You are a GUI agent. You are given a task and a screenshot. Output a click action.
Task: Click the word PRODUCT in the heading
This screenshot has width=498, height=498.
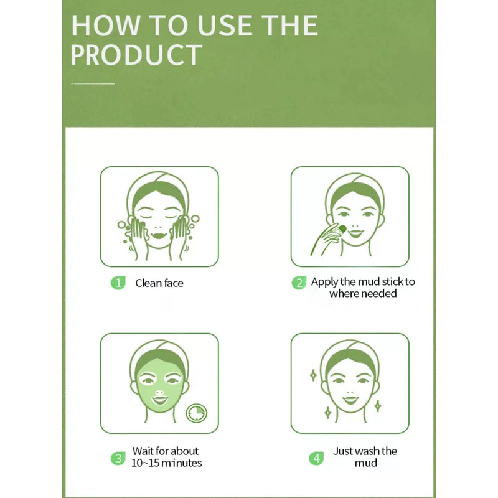136,55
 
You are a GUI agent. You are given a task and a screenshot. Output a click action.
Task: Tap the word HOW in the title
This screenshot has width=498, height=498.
105,26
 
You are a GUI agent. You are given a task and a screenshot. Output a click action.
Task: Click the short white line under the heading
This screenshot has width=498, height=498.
93,83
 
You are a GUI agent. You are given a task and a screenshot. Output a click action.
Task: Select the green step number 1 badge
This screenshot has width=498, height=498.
118,283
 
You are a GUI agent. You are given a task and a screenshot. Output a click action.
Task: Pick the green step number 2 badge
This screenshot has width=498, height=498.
299,283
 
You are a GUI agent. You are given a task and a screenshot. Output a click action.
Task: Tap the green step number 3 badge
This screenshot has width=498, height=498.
118,458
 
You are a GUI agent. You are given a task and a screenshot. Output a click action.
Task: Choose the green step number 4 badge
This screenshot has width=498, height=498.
316,458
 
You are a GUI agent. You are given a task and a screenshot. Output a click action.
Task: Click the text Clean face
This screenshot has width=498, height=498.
159,283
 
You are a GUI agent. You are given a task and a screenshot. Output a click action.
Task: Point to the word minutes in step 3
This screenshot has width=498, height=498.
181,463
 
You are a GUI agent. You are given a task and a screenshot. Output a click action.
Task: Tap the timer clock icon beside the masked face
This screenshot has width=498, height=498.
196,413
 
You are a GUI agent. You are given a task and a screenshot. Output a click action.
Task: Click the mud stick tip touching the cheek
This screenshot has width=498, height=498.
342,228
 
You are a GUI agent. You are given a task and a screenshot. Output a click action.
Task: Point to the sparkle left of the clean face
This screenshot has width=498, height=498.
313,375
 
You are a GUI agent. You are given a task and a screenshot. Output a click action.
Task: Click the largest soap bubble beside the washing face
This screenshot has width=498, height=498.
195,219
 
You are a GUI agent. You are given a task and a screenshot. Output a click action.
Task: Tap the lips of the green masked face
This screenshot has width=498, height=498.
159,400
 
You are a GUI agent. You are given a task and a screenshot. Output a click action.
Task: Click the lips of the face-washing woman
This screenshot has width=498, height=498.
159,236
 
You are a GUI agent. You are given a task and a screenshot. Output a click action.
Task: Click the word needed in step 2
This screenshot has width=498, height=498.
380,293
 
